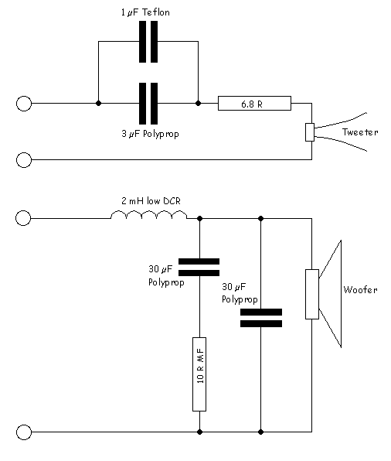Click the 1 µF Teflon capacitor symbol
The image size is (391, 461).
(x=148, y=42)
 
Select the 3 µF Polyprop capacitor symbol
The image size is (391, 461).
(x=148, y=104)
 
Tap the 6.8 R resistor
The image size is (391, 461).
(x=254, y=103)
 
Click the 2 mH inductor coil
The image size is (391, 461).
(x=148, y=214)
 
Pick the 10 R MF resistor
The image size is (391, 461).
(x=199, y=374)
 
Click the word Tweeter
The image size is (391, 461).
(x=360, y=132)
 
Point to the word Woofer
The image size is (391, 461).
(x=360, y=289)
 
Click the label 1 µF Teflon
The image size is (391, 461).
(x=145, y=12)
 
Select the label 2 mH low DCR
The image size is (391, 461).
(x=151, y=201)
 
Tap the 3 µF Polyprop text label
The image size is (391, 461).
(x=150, y=134)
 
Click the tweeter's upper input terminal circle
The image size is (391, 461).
(x=24, y=104)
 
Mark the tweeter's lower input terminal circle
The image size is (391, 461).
(x=24, y=160)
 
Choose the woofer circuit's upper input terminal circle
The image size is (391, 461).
(x=23, y=218)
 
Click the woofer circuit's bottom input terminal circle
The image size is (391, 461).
(x=24, y=432)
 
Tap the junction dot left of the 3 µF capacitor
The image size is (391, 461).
(x=99, y=103)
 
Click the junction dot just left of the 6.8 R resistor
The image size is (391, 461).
(x=199, y=103)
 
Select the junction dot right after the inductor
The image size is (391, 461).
(x=200, y=218)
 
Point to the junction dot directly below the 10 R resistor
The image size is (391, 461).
(x=200, y=432)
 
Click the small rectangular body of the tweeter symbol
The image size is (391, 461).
(x=310, y=132)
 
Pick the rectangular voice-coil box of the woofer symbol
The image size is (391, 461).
(x=312, y=294)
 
